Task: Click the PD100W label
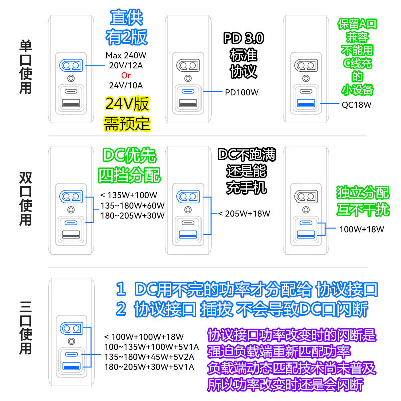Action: (x=242, y=92)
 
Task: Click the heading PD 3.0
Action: (x=244, y=39)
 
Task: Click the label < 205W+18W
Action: (x=244, y=214)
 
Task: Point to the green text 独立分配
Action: (x=362, y=192)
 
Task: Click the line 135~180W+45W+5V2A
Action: (x=150, y=357)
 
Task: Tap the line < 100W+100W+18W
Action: (x=144, y=337)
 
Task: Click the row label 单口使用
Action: (x=25, y=68)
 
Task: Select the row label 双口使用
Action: (x=25, y=199)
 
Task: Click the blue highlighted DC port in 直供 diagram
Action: (x=71, y=65)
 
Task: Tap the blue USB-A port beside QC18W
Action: (x=306, y=104)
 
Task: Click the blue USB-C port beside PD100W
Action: (x=188, y=92)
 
